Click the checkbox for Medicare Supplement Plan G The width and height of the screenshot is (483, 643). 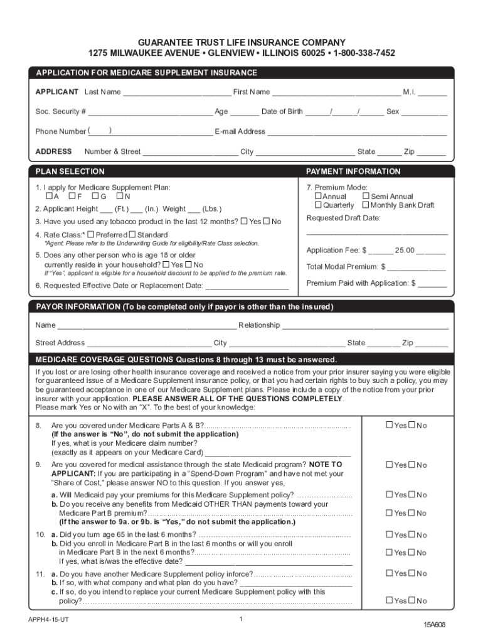95,197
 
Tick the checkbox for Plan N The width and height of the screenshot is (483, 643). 119,197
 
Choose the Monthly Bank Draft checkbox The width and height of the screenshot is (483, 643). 366,205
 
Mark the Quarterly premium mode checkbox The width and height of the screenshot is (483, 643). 318,205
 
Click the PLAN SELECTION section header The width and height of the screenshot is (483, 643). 70,171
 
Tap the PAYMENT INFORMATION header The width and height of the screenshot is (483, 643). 353,171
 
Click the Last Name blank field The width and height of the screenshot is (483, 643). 177,92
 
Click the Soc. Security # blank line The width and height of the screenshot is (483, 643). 151,112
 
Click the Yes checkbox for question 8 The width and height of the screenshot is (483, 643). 390,426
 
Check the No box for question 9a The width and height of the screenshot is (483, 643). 411,495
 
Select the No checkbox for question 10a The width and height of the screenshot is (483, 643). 411,535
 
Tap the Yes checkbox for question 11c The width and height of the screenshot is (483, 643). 390,601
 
